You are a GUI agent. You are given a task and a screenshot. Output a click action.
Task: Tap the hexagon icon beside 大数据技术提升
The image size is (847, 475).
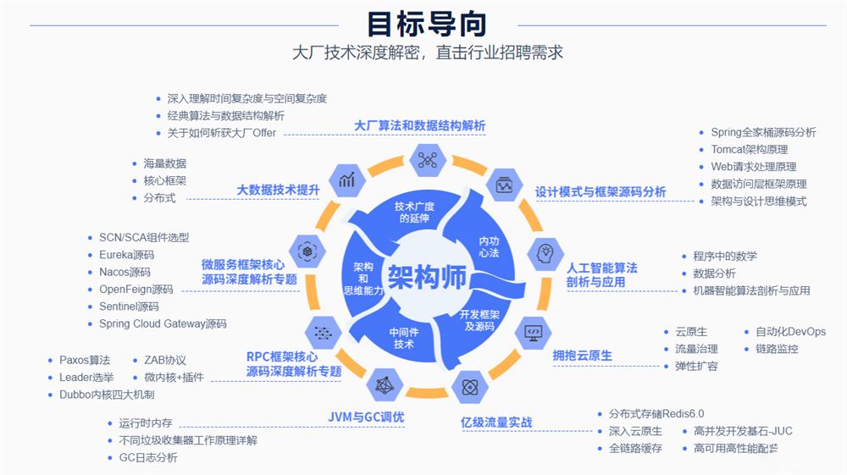click(x=347, y=180)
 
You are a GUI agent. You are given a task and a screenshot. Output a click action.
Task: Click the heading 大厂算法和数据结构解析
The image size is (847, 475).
click(x=420, y=125)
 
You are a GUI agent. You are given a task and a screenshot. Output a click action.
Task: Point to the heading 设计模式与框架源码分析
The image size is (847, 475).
click(x=601, y=192)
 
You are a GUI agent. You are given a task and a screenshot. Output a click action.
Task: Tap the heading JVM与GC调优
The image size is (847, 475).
click(x=366, y=417)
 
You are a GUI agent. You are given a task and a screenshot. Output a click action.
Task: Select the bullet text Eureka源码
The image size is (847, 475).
click(x=126, y=255)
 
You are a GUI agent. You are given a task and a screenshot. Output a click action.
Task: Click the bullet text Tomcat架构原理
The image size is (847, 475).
click(x=750, y=150)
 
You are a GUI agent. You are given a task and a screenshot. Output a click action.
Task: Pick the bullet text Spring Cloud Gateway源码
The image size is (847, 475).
click(x=163, y=323)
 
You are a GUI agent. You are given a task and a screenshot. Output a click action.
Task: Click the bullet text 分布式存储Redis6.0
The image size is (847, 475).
click(x=656, y=414)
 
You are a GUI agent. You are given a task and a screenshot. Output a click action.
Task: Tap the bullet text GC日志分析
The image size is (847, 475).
click(x=148, y=457)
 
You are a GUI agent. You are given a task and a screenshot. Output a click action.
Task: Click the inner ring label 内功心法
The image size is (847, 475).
click(x=489, y=246)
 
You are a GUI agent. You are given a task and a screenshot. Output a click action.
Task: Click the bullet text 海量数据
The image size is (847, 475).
click(x=164, y=163)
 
